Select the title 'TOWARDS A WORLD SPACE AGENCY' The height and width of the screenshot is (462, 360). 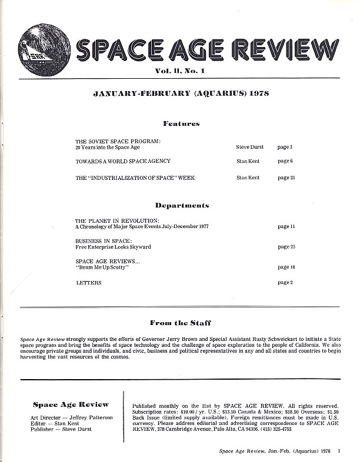tap(123, 160)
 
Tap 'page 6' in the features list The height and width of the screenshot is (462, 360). tap(285, 160)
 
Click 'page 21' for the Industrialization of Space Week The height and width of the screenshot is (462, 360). tap(286, 178)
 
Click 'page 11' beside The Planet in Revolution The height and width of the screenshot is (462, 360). tap(286, 226)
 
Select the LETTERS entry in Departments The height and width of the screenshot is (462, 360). tap(89, 283)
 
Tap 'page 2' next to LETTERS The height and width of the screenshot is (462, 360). tap(285, 283)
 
